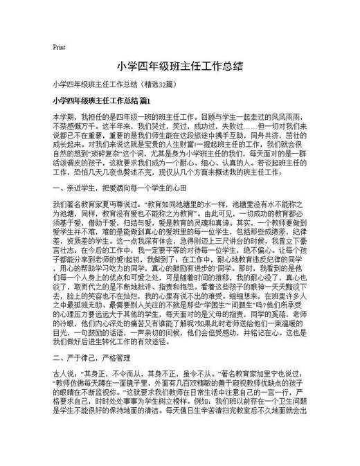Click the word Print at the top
[x=58, y=47]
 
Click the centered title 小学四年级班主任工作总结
[x=179, y=68]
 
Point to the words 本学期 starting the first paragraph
[x=64, y=118]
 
